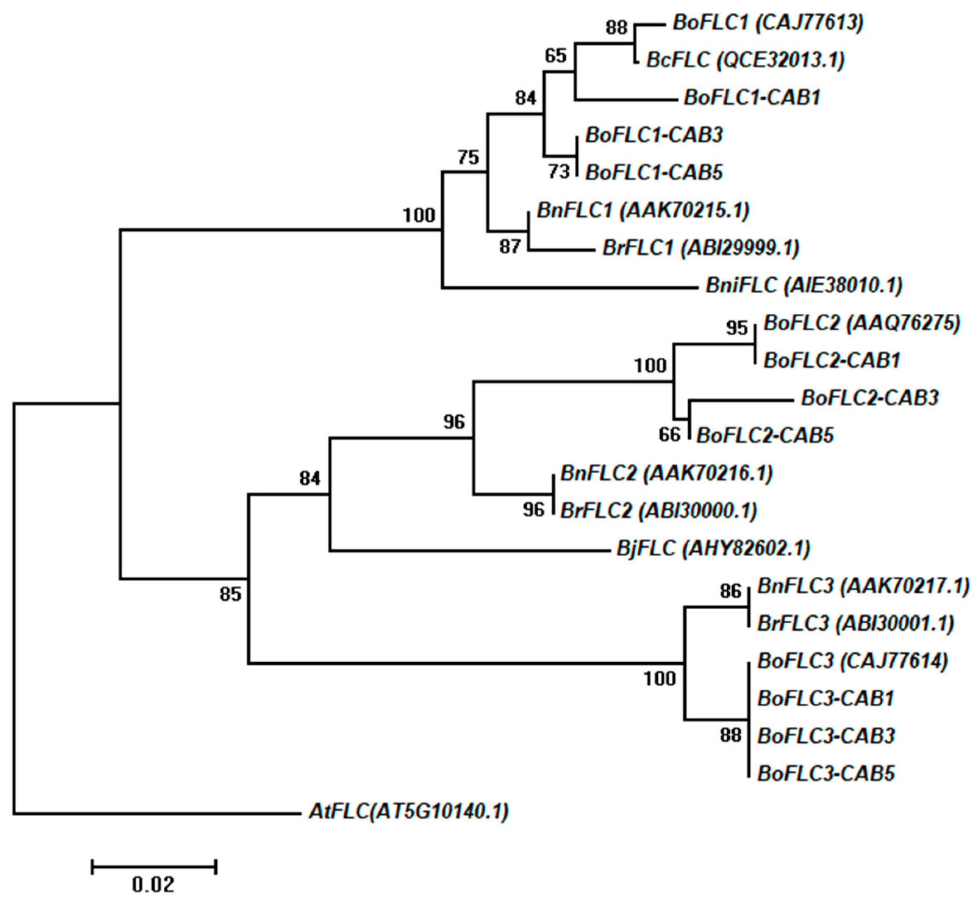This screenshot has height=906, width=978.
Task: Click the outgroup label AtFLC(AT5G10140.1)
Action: tap(408, 812)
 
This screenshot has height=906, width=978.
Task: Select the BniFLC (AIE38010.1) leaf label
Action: tap(804, 285)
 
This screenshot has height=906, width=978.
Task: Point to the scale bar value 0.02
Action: tap(153, 885)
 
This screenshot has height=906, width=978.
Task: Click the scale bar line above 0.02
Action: tap(154, 867)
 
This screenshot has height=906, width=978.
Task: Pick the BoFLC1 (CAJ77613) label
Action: tap(768, 22)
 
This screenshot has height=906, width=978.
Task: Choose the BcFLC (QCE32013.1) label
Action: tap(745, 60)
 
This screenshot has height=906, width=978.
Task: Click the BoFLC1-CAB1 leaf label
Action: tap(752, 97)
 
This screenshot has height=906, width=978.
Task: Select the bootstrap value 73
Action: tap(559, 171)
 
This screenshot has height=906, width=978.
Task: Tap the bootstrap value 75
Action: tap(468, 157)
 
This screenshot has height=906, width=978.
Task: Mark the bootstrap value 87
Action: tap(510, 246)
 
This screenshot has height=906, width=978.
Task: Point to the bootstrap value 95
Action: tap(737, 328)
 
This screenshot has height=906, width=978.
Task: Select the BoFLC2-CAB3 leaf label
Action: tap(869, 397)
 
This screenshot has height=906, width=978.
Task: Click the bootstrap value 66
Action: tap(670, 434)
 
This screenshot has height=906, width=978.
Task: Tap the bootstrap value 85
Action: tap(230, 594)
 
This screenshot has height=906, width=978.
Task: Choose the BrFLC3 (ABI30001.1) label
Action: tap(855, 623)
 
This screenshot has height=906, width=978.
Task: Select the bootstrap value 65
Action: tap(555, 56)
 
